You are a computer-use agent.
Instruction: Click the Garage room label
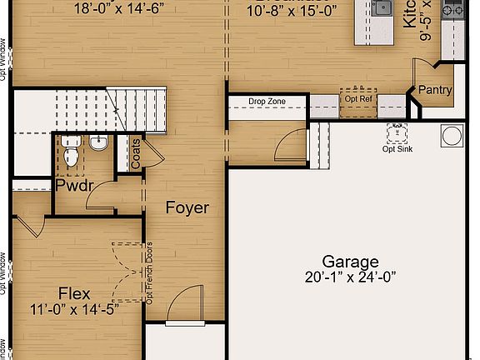coord(351,262)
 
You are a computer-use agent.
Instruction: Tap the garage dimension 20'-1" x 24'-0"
coord(351,277)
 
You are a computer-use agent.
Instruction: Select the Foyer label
coord(187,207)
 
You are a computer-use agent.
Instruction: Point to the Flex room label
coord(74,293)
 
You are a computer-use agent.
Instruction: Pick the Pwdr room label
coord(72,185)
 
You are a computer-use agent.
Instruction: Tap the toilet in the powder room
coord(70,155)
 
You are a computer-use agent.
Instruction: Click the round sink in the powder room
coord(99,143)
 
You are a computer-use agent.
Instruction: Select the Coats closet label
coord(136,154)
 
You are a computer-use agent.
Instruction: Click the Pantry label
coord(435,90)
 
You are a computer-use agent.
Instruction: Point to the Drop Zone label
coord(267,102)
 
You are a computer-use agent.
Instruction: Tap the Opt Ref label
coord(357,99)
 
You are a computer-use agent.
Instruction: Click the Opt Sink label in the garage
coord(397,149)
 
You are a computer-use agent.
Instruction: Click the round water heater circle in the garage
coord(452,135)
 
